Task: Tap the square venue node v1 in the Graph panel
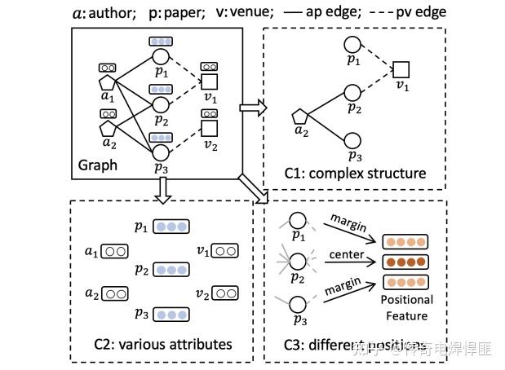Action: click(210, 81)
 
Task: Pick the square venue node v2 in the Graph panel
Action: click(210, 127)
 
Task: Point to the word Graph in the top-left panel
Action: click(98, 165)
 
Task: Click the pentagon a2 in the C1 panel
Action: click(299, 117)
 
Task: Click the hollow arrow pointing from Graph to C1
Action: click(250, 107)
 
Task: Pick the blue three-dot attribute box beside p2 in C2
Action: click(171, 270)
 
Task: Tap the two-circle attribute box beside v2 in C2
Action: click(224, 292)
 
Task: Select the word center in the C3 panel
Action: click(346, 254)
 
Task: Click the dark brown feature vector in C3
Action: click(405, 262)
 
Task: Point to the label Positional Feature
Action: click(405, 308)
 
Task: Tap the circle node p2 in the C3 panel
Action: click(299, 262)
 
